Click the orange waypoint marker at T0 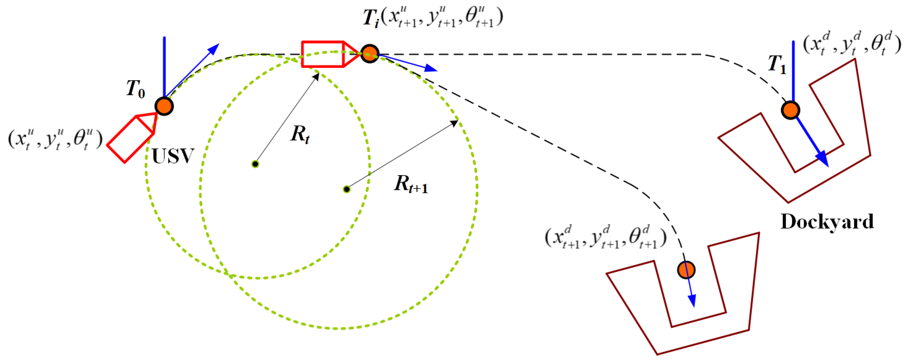pos(164,106)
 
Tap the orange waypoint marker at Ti pos(370,54)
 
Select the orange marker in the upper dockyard pos(790,110)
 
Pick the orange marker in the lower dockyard pos(686,270)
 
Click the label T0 pos(136,89)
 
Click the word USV pos(173,156)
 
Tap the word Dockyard pos(827,221)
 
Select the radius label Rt pos(300,134)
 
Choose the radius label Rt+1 pos(411,184)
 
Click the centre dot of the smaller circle pos(255,164)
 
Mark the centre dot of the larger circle pos(346,189)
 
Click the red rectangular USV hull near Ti pos(323,54)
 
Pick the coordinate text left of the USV pos(55,139)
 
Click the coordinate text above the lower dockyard pos(605,237)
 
